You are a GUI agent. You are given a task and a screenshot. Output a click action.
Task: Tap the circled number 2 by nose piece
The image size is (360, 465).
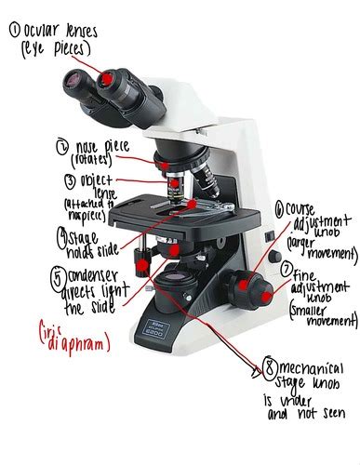(x=61, y=146)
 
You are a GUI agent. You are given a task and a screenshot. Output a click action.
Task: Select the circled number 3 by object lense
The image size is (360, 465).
(x=70, y=179)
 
